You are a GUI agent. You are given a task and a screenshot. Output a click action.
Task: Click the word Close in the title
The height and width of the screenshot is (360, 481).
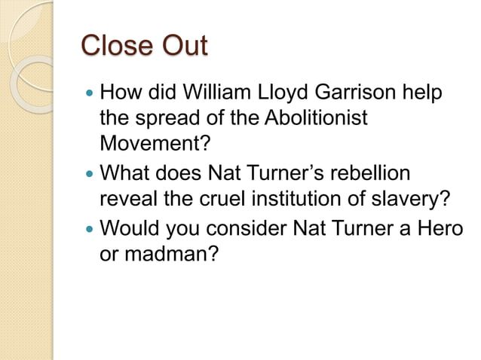(x=115, y=47)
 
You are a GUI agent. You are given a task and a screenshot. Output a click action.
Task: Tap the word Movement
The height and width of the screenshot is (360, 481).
(x=149, y=142)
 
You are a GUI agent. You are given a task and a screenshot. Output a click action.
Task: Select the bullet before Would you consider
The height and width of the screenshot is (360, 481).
(x=90, y=227)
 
